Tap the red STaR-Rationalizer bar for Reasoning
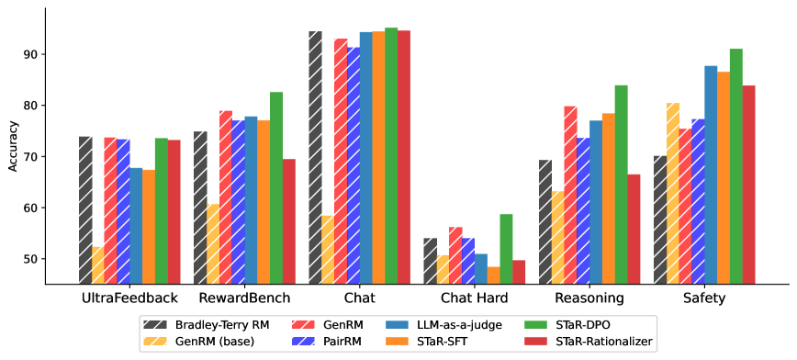point(634,229)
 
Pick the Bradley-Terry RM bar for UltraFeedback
point(85,210)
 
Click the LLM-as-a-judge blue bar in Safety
point(710,174)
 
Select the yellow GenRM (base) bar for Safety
point(672,193)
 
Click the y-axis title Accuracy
point(13,147)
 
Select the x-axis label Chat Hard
point(475,298)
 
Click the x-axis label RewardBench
point(245,298)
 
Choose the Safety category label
point(704,298)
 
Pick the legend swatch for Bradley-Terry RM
point(153,324)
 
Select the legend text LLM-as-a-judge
point(458,324)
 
